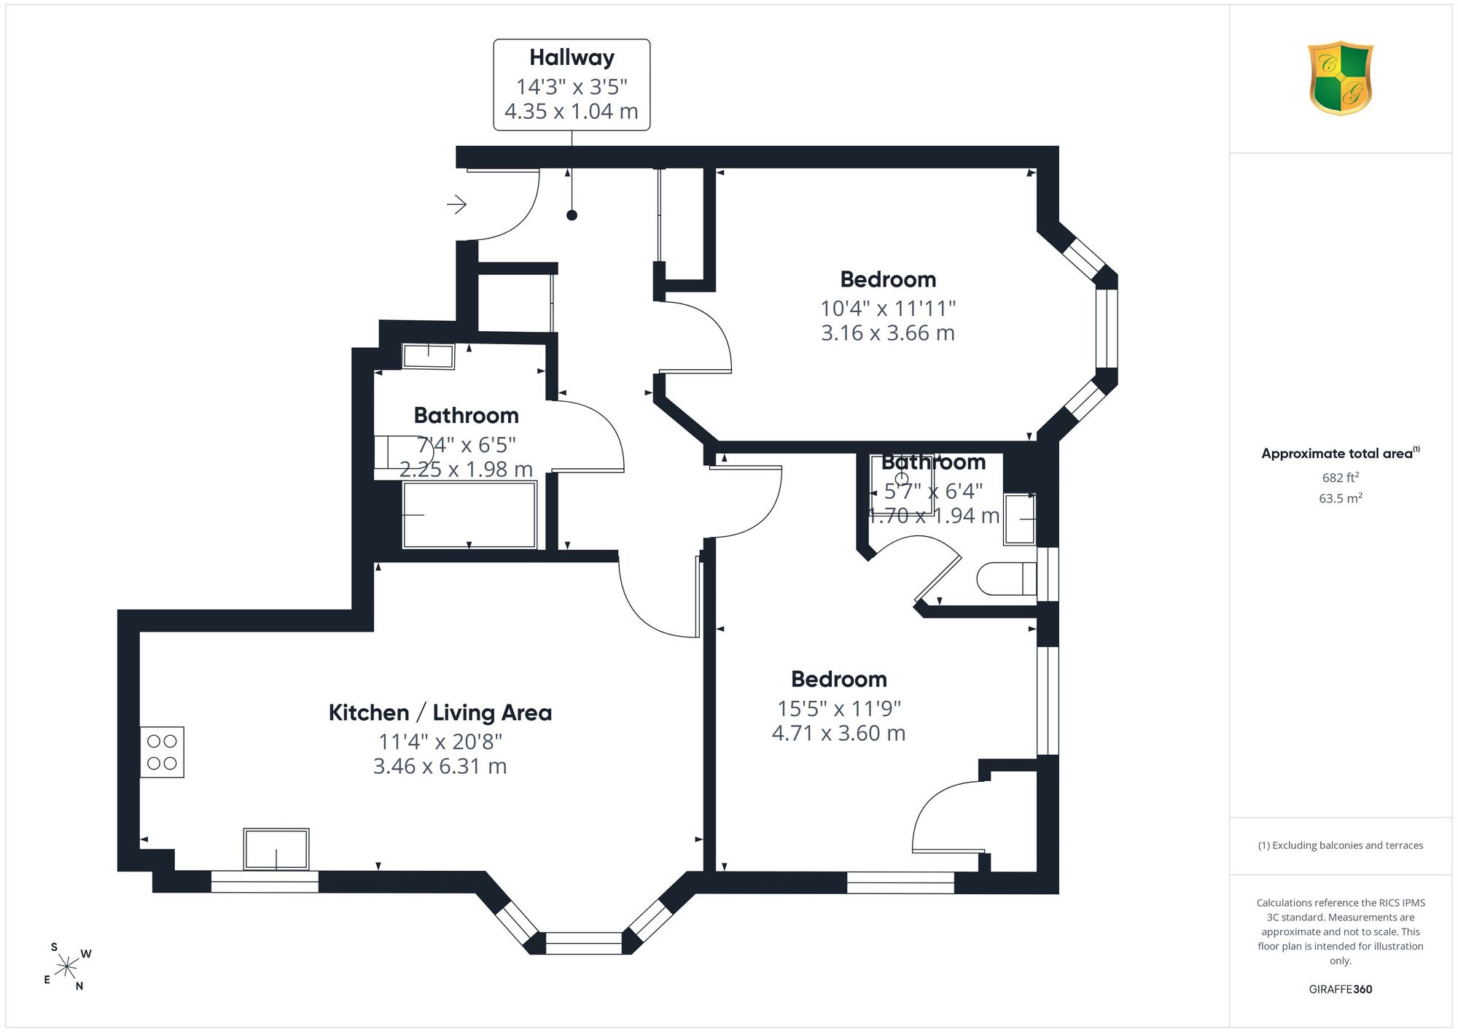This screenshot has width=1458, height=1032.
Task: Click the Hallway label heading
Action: (x=572, y=58)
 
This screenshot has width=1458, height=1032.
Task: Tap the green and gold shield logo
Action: (x=1340, y=78)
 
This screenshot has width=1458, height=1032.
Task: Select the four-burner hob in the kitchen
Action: (x=162, y=752)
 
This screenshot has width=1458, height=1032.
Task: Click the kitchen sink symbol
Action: (x=276, y=849)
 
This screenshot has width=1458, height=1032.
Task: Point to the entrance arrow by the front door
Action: (x=456, y=204)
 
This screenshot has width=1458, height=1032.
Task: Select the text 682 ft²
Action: (x=1341, y=478)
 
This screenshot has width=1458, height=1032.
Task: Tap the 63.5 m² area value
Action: (x=1341, y=498)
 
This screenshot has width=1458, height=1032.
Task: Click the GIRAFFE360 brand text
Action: (x=1341, y=989)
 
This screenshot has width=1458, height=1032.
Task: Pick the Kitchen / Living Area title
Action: (x=440, y=713)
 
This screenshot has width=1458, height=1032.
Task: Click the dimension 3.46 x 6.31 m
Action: (x=440, y=766)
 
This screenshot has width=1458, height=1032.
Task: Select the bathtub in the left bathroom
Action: (x=469, y=514)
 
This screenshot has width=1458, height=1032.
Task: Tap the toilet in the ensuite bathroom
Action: (x=1006, y=579)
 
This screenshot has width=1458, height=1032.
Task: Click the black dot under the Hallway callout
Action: (x=572, y=215)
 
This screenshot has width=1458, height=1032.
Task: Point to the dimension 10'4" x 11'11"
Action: (x=888, y=309)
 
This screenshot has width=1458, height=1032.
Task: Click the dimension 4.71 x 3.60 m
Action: (x=838, y=733)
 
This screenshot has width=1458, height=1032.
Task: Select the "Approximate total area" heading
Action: (x=1337, y=454)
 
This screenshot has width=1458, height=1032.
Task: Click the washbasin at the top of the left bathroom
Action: (x=429, y=357)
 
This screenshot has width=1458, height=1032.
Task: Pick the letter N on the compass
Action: (x=79, y=986)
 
